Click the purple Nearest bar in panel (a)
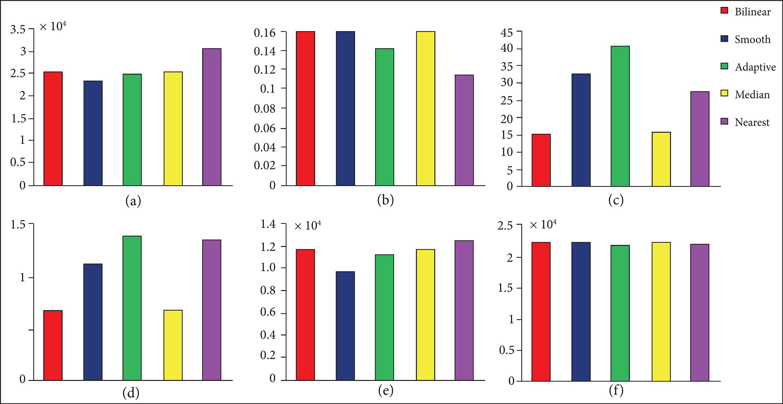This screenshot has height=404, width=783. (212, 117)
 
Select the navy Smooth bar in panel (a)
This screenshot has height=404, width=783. (93, 133)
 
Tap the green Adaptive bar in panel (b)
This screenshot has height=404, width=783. (385, 117)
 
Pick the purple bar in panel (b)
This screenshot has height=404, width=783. (464, 130)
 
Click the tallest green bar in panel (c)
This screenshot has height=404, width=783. (620, 116)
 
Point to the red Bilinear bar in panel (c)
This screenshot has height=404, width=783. (541, 160)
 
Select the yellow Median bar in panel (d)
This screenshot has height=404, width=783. (173, 345)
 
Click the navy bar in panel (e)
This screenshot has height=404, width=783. (345, 326)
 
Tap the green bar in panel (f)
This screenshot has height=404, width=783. (620, 313)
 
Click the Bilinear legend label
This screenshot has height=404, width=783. (753, 12)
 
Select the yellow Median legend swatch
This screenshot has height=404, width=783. (724, 94)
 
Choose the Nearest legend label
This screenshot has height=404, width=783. (752, 122)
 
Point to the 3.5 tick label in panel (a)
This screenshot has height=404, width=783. (18, 30)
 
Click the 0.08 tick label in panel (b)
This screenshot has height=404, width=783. (264, 108)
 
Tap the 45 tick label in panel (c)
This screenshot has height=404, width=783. (507, 32)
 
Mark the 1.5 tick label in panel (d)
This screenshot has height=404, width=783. (18, 225)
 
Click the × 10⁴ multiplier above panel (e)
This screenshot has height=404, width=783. (308, 226)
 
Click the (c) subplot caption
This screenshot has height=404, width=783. (616, 200)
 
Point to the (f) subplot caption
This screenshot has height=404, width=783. (616, 390)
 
